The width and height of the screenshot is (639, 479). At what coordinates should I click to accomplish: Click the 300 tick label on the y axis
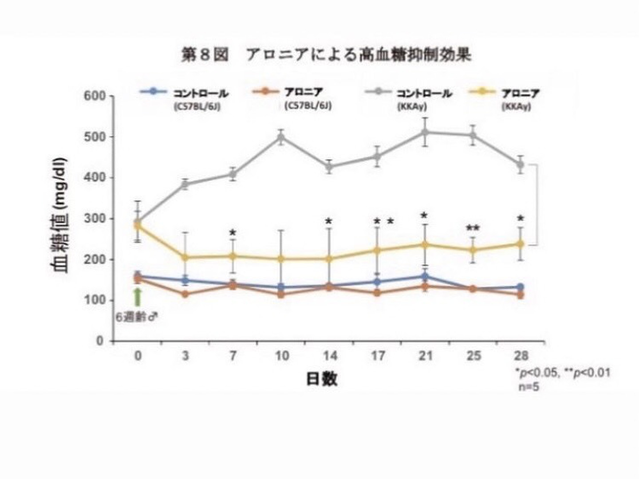pos(94,219)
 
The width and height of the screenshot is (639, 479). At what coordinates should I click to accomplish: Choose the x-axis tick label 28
pos(521,356)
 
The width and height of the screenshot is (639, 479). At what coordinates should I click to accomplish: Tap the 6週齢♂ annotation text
pos(137,318)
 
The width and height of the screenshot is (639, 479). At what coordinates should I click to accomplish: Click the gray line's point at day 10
pos(281,137)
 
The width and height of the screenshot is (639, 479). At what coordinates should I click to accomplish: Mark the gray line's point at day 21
pos(425,132)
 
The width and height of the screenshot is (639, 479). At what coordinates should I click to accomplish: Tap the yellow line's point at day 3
pos(185,257)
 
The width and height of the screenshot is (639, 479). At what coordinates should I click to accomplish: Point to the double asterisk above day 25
pos(473,228)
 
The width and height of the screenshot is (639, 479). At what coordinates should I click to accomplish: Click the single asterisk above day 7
pos(233,232)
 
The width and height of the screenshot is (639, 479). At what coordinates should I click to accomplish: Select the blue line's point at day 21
pos(425,277)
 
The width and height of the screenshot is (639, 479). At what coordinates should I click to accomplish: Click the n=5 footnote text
pos(529,386)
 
